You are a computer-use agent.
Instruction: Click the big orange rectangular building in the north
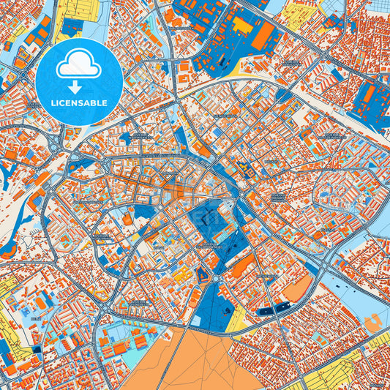[x=264, y=34]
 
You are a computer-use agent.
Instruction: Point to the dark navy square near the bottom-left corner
[x=37, y=350]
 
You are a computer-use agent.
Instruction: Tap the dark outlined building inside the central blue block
[x=209, y=217]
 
